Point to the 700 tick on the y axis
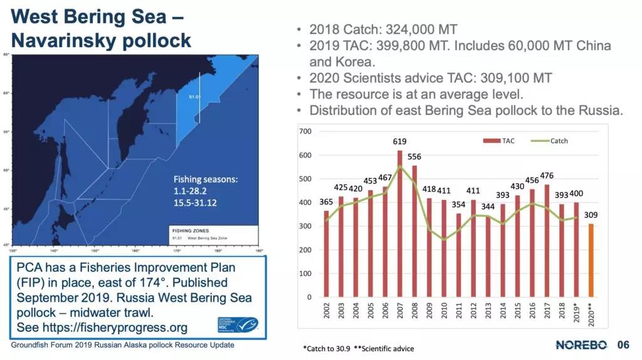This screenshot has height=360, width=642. [x=306, y=131]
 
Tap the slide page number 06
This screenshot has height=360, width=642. [x=623, y=344]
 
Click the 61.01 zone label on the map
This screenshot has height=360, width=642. [x=194, y=97]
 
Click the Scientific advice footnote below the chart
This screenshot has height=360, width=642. [x=384, y=348]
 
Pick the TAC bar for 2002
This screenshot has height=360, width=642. [x=326, y=254]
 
